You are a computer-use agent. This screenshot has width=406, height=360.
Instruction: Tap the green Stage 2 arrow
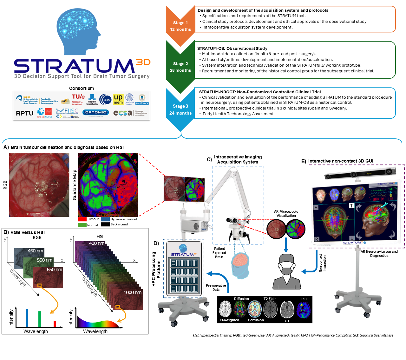[x=180, y=67]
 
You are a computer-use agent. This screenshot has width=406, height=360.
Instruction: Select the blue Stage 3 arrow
[x=180, y=110]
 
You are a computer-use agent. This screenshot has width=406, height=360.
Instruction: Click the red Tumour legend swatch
[x=82, y=219]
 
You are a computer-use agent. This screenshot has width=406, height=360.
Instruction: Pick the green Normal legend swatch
[x=82, y=225]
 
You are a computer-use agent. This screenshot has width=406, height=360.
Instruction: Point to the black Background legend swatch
[x=105, y=224]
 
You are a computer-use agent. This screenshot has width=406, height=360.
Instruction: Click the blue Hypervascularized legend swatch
[x=105, y=219]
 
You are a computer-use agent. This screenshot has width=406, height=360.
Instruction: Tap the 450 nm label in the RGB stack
[x=35, y=251]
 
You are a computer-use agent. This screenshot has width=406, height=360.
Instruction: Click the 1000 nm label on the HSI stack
[x=132, y=292]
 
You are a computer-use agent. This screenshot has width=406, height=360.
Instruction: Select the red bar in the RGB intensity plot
[x=55, y=324]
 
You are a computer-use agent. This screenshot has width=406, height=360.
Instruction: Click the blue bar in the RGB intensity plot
[x=27, y=318]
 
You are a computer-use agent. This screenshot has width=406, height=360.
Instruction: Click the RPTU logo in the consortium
[x=24, y=113]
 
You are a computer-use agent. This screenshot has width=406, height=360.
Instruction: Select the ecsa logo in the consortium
[x=122, y=113]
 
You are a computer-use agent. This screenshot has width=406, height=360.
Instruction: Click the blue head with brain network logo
[x=78, y=29]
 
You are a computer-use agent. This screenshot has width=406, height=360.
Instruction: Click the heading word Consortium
[x=82, y=88]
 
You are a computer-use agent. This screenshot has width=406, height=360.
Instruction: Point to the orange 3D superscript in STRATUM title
[x=143, y=62]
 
